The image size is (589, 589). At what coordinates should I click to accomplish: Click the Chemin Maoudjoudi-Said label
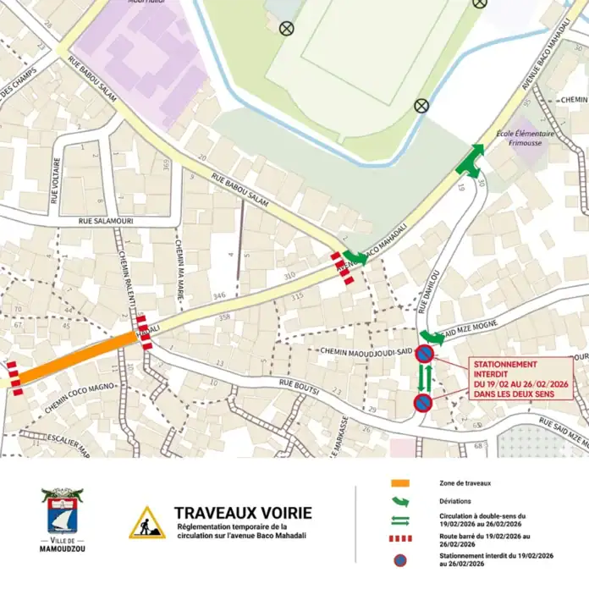[x=366, y=350]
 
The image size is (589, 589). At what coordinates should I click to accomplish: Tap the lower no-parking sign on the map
[x=423, y=403]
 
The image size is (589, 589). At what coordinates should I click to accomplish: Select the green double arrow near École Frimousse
[x=470, y=161]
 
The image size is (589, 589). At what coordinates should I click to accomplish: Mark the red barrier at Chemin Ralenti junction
[x=144, y=333]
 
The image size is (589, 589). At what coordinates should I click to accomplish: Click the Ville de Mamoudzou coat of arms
[x=62, y=514]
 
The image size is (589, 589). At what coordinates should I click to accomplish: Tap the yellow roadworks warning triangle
[x=146, y=524]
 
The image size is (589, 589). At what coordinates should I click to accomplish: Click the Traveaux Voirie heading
[x=242, y=513]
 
